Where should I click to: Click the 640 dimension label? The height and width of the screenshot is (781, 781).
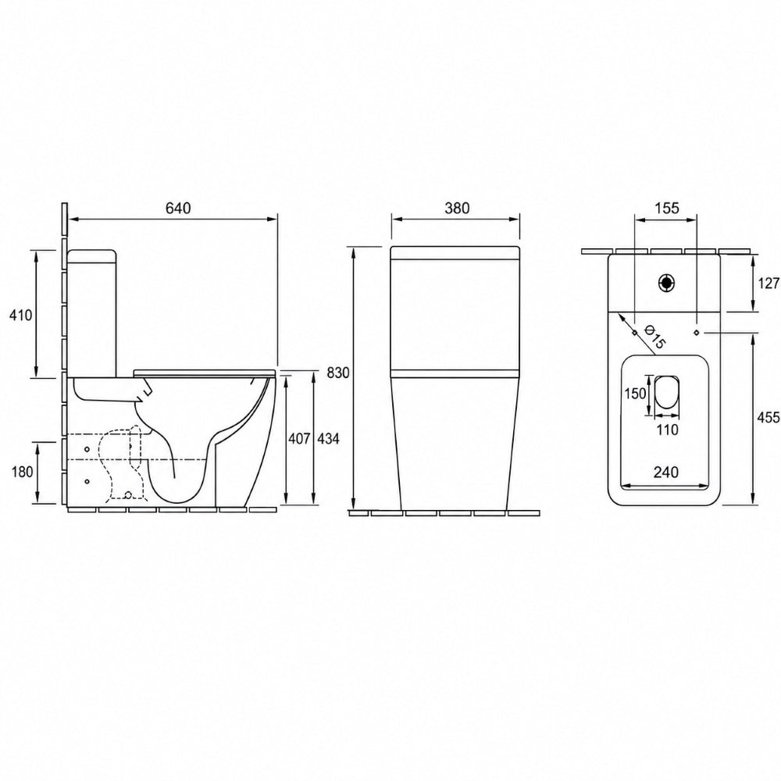(x=178, y=208)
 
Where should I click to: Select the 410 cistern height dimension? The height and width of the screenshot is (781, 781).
(x=20, y=315)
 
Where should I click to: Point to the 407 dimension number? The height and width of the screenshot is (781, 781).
(x=298, y=438)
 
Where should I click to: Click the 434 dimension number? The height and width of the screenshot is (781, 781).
(x=328, y=438)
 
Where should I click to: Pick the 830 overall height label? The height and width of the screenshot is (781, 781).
(x=339, y=373)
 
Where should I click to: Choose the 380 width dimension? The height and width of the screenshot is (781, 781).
(x=457, y=208)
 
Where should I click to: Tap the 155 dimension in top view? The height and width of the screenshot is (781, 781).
(x=666, y=208)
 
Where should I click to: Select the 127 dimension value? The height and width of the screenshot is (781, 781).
(x=769, y=284)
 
